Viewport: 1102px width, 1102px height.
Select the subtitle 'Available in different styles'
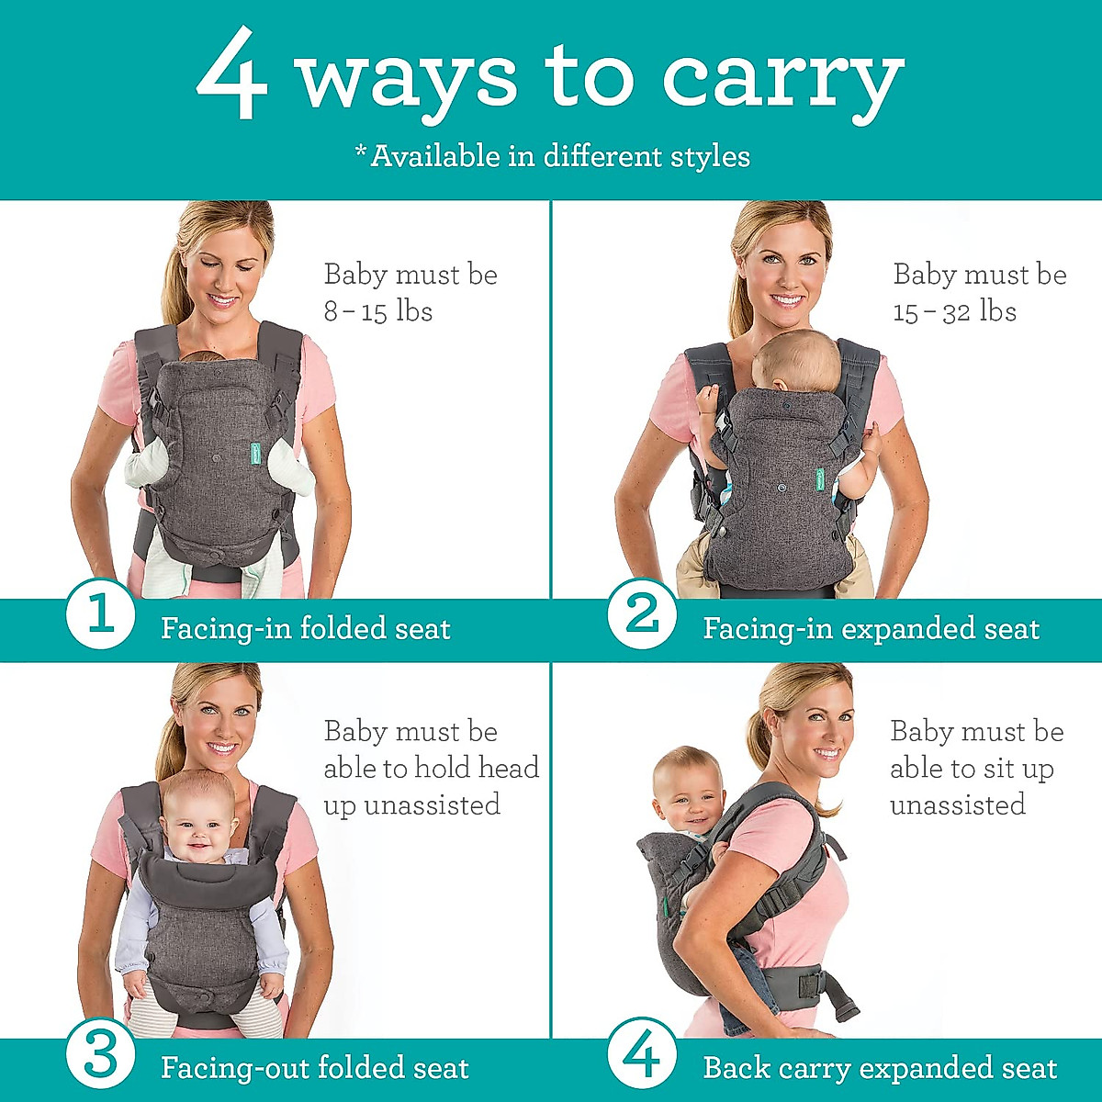point(553,156)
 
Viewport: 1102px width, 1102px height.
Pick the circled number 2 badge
point(642,613)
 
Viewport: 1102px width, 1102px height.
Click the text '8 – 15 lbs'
point(377,312)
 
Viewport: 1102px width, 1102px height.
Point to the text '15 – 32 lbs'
point(954,312)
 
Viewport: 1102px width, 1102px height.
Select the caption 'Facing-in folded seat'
point(305,629)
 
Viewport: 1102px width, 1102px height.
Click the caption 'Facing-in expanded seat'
point(871,629)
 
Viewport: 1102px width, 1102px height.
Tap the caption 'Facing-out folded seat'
point(314,1068)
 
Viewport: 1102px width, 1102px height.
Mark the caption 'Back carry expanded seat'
point(880,1068)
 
